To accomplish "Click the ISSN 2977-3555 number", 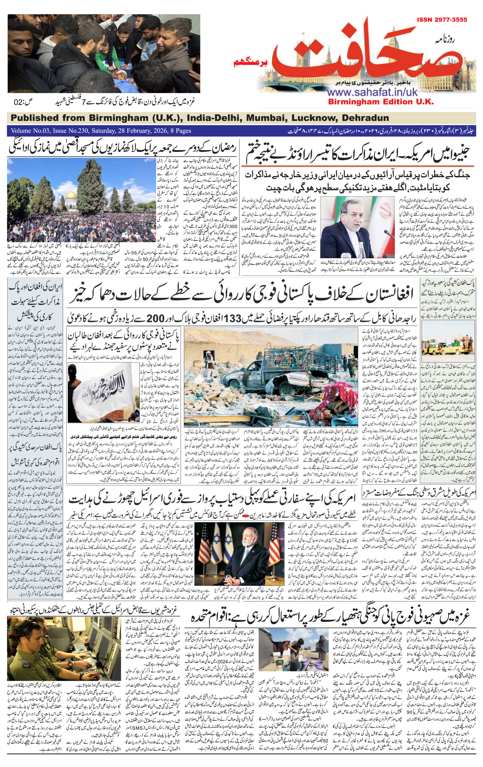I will coord(442,20).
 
